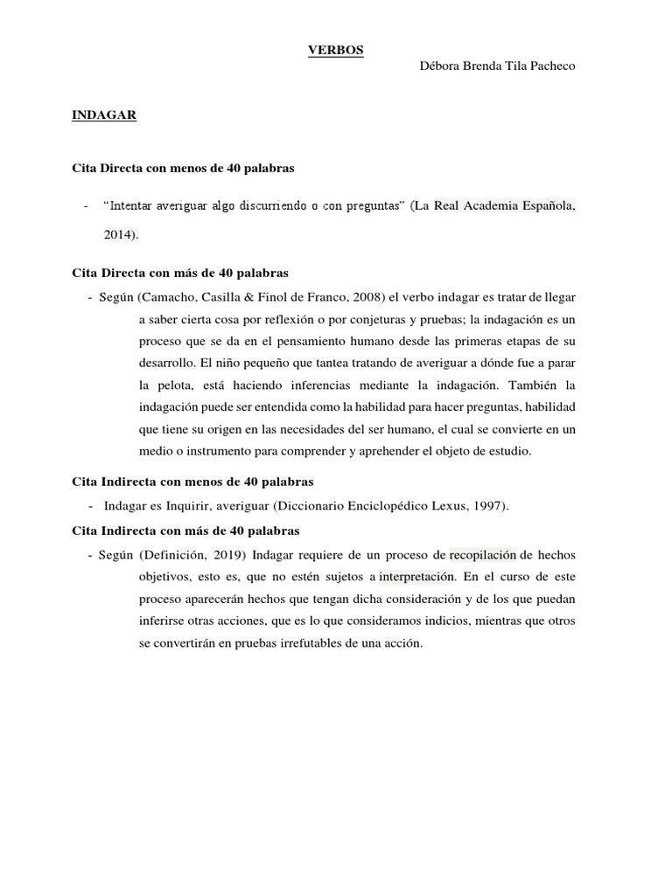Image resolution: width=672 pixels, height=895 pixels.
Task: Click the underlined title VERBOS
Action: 335,51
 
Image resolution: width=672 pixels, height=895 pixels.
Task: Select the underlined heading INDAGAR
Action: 103,114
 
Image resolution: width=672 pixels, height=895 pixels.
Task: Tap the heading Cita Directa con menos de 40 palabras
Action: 183,166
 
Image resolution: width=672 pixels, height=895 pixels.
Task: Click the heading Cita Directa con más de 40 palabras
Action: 179,273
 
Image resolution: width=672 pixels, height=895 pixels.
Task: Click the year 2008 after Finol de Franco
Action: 365,297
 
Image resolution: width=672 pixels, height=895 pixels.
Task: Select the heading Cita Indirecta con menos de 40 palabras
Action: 191,482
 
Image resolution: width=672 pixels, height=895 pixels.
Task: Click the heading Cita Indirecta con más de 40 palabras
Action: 187,531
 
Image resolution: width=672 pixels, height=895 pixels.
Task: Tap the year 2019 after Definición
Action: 226,555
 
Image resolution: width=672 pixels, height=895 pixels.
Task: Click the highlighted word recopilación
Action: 482,555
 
